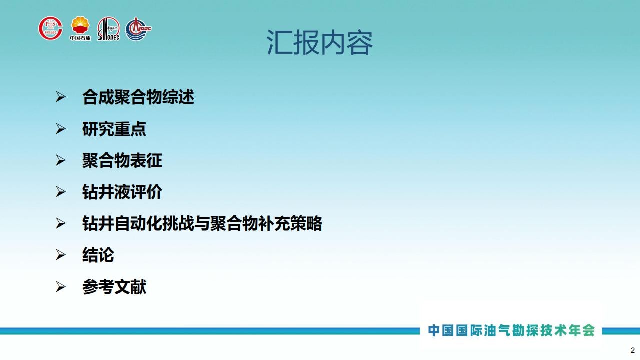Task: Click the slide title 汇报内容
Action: click(319, 43)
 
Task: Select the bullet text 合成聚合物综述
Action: click(138, 97)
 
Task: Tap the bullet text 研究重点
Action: click(114, 129)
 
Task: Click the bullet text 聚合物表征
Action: click(122, 160)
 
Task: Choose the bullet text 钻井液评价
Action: click(122, 192)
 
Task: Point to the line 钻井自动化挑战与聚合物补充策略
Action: click(202, 223)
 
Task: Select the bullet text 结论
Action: click(98, 255)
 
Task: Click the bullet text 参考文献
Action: click(114, 287)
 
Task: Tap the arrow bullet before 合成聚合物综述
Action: click(60, 97)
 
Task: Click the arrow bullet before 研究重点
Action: click(60, 129)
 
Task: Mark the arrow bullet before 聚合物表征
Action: click(60, 160)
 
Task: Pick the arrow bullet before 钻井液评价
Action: click(60, 192)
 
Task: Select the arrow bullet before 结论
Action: click(60, 255)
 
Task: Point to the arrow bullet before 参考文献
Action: click(60, 287)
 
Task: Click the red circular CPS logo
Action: click(51, 28)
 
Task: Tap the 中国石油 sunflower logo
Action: click(80, 28)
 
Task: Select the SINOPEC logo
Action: click(109, 29)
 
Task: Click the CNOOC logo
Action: click(138, 29)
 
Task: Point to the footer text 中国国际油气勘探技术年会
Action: click(511, 330)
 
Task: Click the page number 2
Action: click(633, 350)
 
